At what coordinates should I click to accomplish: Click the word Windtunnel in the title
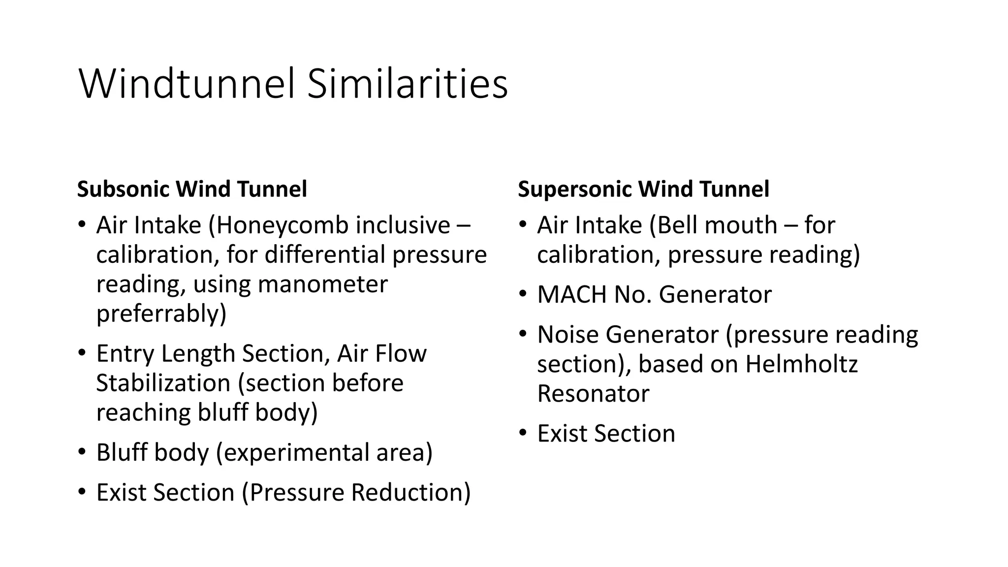(187, 84)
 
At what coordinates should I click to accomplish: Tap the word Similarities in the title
(407, 84)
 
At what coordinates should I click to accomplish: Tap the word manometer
(322, 284)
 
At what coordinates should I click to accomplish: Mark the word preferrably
(161, 314)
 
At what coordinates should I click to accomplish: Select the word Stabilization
(163, 383)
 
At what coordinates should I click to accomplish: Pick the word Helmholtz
(801, 364)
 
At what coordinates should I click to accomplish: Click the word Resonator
(593, 394)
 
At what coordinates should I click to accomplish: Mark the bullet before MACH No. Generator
(523, 294)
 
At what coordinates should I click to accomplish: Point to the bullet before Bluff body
(82, 452)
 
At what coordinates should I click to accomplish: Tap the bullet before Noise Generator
(523, 335)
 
